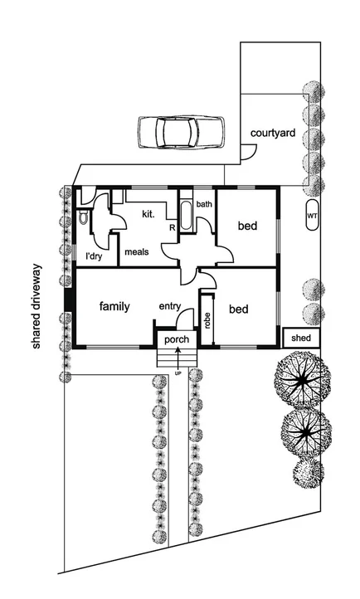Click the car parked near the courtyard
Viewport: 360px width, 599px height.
point(182,130)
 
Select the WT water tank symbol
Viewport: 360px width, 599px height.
point(312,216)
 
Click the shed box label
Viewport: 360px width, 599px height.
point(301,338)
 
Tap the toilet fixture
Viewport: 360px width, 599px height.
point(85,217)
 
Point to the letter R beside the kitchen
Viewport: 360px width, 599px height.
point(171,226)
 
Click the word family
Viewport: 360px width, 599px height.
point(114,306)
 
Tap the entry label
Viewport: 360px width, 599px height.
point(169,307)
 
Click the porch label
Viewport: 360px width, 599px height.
point(177,339)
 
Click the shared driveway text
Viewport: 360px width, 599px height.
point(36,307)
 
